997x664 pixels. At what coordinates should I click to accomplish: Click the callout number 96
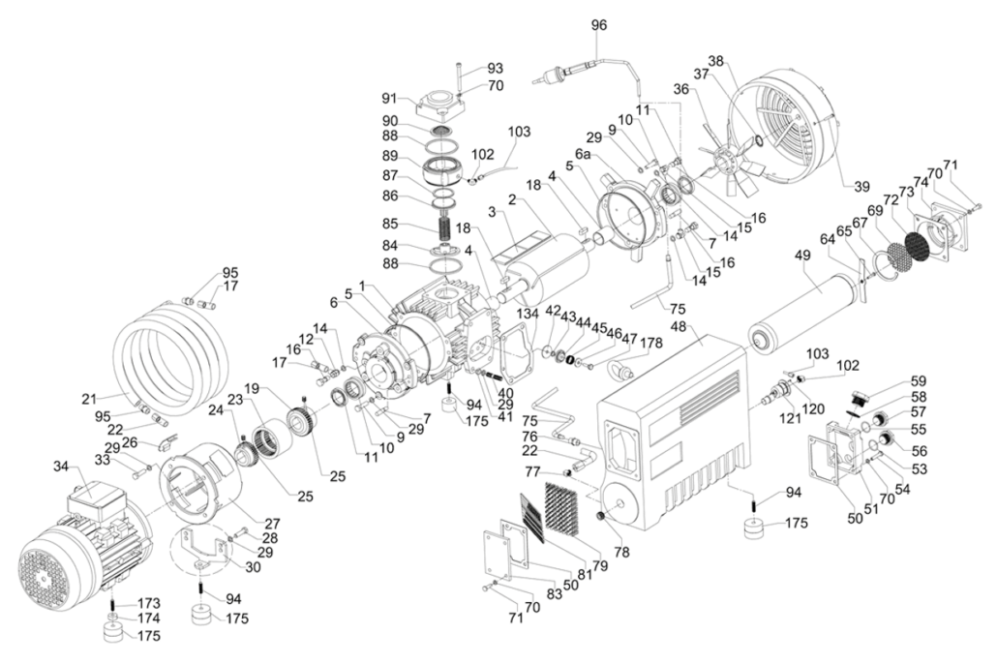tap(599, 25)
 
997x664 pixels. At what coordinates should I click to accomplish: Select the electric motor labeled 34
tap(82, 552)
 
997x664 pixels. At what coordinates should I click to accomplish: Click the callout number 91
tap(389, 98)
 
